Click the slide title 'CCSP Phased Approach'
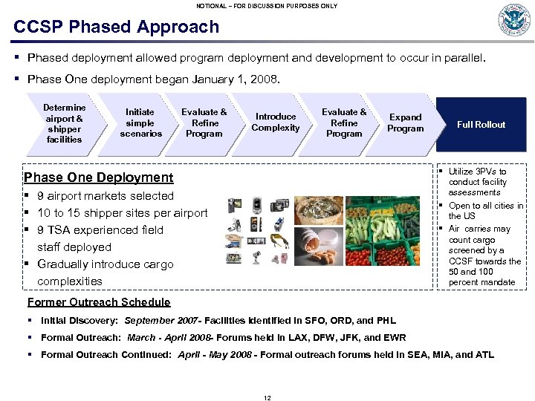(117, 27)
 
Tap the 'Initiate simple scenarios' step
(140, 123)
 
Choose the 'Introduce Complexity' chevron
(275, 123)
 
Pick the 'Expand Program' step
(405, 123)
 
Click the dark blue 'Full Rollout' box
(481, 125)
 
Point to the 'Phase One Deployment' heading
(99, 177)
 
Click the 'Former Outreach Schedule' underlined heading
(99, 302)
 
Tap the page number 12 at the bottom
(267, 398)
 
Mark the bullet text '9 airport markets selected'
(106, 196)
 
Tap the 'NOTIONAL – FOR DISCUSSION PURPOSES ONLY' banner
(267, 6)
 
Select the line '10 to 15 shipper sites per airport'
(123, 213)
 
